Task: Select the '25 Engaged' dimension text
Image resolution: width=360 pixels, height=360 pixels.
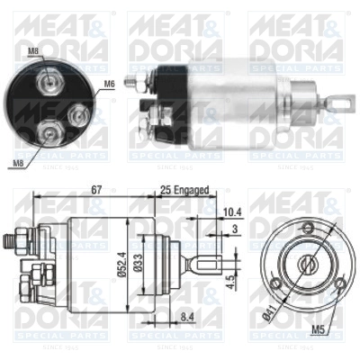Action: coord(186,192)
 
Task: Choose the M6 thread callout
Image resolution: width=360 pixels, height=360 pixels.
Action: coord(110,85)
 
